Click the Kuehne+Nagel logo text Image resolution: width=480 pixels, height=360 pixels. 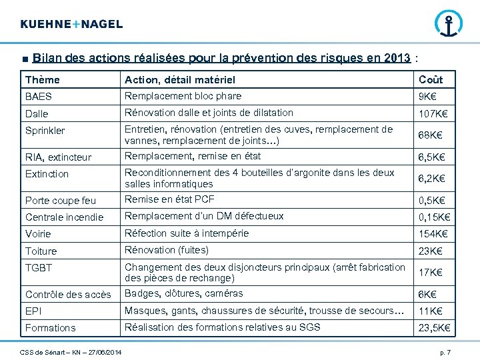71,24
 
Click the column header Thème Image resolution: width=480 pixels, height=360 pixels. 43,80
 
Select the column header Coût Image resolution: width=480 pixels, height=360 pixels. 431,80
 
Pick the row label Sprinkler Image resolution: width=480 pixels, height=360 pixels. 45,131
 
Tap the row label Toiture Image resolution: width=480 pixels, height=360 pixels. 41,251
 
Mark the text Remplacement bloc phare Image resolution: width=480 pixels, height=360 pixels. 183,96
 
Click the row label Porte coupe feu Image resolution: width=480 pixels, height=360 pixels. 61,200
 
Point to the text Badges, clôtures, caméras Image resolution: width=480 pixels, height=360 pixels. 184,293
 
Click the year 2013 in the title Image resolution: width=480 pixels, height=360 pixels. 397,58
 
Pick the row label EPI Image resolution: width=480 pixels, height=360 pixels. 33,311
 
